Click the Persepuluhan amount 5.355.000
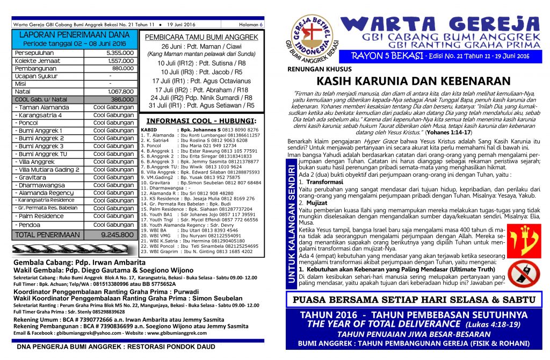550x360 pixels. point(120,53)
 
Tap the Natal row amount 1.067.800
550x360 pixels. point(120,92)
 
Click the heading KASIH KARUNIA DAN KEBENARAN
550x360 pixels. point(413,81)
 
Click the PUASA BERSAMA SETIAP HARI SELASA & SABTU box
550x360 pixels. point(413,299)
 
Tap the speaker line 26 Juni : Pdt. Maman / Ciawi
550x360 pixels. point(201,47)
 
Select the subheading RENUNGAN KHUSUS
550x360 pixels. point(320,69)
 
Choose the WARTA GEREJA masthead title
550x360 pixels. point(440,25)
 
